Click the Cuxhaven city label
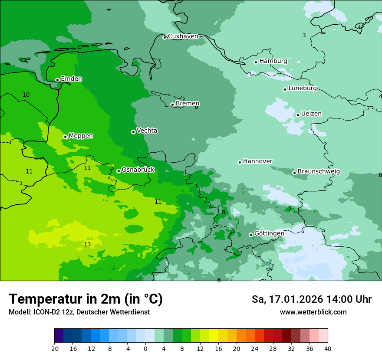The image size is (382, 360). tap(183, 36)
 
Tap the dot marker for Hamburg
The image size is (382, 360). tap(256, 62)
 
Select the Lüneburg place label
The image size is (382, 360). tap(303, 88)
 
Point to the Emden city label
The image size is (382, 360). tap(71, 79)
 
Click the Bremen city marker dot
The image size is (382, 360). tap(172, 105)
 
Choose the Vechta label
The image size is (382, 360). tap(147, 131)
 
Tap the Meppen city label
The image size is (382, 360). tap(81, 136)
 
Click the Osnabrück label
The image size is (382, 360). tap(138, 170)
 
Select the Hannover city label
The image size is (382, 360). tap(257, 161)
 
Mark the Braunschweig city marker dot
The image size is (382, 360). tap(294, 173)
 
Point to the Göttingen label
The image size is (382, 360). tap(269, 233)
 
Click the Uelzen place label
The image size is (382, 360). tap(311, 114)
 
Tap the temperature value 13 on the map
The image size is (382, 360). tap(87, 245)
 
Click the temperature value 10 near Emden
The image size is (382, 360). tap(26, 95)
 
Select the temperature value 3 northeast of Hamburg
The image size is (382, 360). tap(304, 35)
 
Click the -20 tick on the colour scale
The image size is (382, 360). tap(54, 348)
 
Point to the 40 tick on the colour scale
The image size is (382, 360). tap(328, 348)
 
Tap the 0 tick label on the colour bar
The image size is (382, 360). tap(145, 348)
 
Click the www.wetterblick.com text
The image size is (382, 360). tap(313, 312)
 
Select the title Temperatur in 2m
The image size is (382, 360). tap(86, 299)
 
